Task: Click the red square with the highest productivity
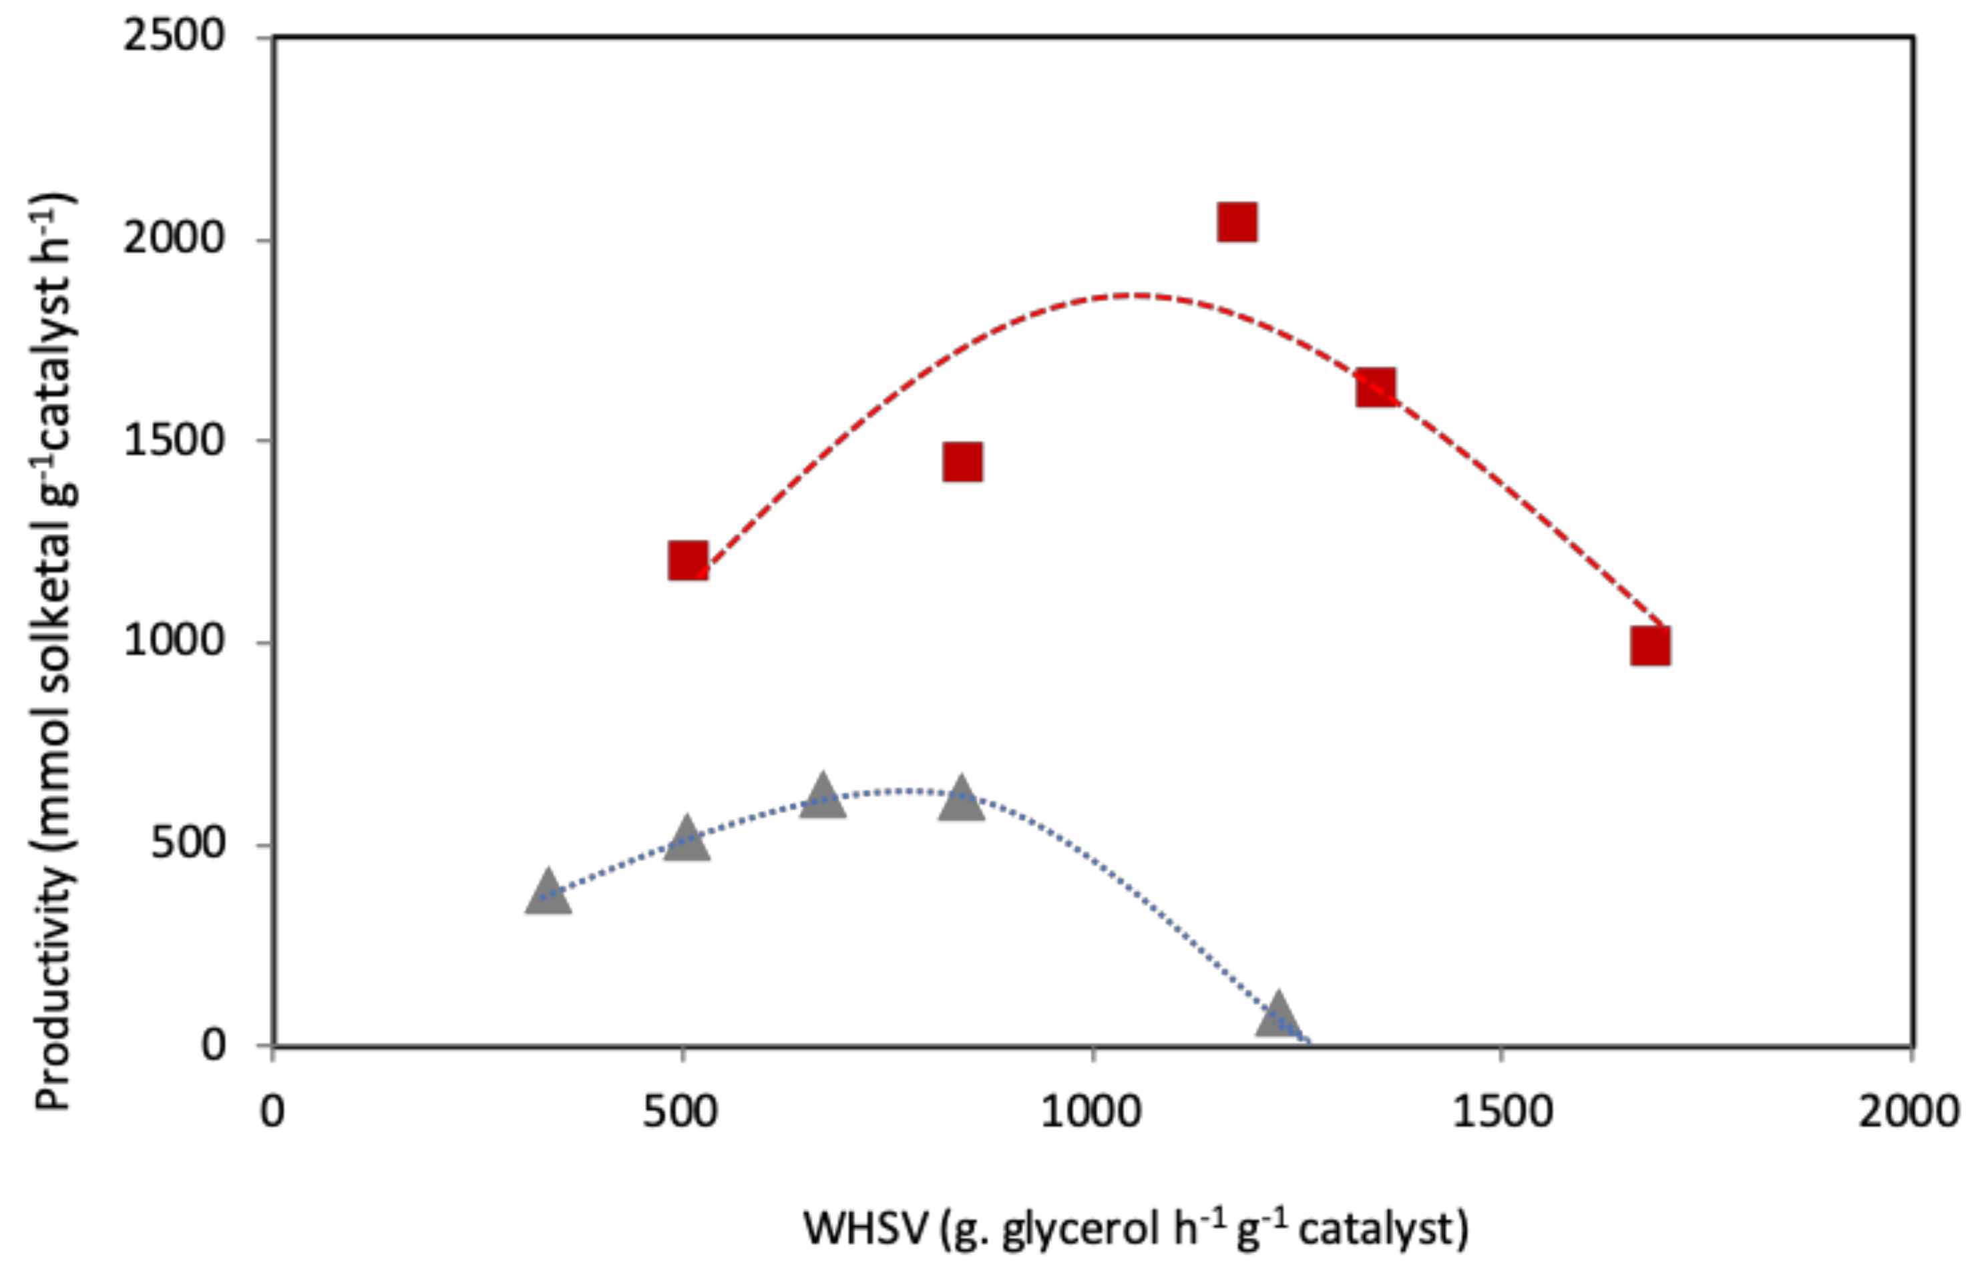pos(1236,222)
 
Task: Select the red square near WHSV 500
pos(688,561)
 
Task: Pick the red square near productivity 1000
pos(1649,646)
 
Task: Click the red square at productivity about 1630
pos(1376,387)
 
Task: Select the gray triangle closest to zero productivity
pos(1277,1017)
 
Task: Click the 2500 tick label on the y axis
pos(174,37)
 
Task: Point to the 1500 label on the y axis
pos(174,440)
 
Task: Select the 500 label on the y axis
pos(188,844)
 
